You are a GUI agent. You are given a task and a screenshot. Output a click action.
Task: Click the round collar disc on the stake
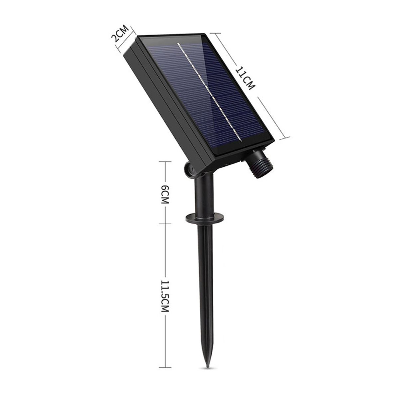tap(204, 218)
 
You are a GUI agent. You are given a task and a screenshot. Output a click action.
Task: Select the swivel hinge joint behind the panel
tap(190, 169)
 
